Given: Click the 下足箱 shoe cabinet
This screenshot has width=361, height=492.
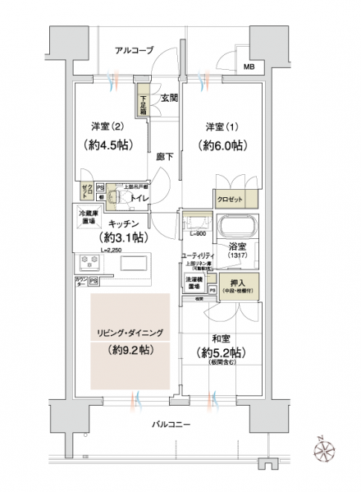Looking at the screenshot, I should tap(143, 103).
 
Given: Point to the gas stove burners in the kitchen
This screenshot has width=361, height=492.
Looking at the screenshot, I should tap(89, 263).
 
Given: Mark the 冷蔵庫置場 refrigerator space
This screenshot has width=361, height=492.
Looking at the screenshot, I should tap(88, 216).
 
